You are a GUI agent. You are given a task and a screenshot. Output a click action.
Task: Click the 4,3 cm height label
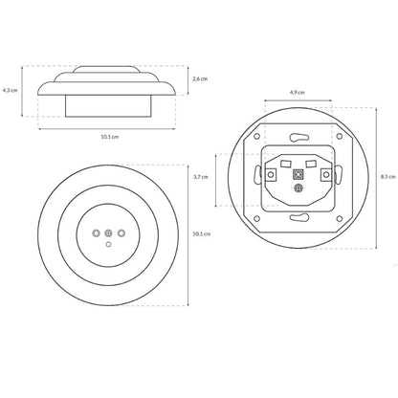click(x=10, y=90)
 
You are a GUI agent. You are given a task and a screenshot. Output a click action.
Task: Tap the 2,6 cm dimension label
click(x=200, y=78)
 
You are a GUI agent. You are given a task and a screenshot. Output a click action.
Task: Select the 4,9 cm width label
click(x=298, y=93)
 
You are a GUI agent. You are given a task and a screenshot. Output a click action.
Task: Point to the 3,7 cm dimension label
click(x=201, y=177)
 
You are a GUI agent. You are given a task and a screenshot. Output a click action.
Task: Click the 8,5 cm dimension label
click(x=387, y=177)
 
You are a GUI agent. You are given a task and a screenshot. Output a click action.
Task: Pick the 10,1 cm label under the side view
click(x=110, y=137)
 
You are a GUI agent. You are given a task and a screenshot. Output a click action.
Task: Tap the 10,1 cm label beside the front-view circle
click(x=202, y=233)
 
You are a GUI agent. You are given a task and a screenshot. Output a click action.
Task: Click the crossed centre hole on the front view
click(x=108, y=233)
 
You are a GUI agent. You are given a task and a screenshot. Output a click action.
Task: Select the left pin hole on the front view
click(x=96, y=233)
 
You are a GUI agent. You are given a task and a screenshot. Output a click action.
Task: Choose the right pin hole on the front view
click(x=121, y=233)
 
